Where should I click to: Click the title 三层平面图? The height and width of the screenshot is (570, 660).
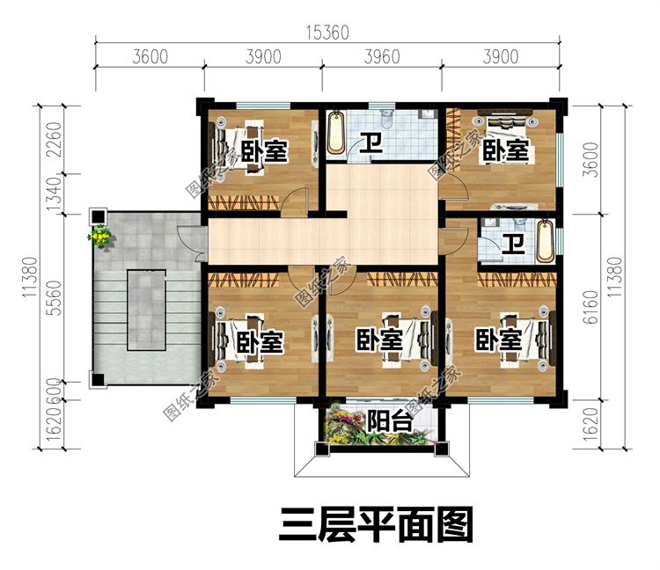[377, 525]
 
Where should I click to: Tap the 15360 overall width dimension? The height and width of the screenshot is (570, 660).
[327, 33]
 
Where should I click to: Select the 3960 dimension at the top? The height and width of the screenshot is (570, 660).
[381, 58]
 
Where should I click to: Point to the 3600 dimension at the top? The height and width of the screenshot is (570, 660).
[150, 58]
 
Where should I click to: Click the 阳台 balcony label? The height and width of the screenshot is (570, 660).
[389, 421]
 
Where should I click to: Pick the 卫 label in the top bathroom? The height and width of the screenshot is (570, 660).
[373, 143]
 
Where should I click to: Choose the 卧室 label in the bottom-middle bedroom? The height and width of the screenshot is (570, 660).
[379, 340]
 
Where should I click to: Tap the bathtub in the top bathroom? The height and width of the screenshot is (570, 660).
[336, 134]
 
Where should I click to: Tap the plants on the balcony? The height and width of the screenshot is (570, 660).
[344, 427]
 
